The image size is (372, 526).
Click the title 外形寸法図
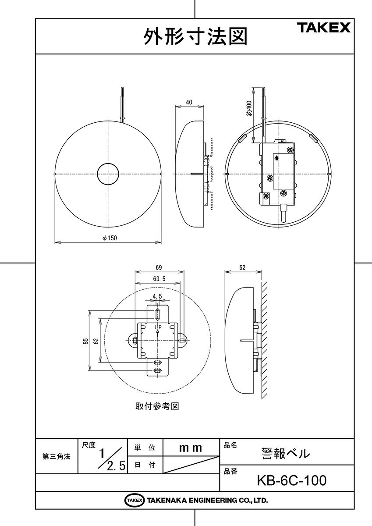pyautogui.click(x=195, y=36)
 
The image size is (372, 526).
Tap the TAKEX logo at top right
pyautogui.click(x=325, y=28)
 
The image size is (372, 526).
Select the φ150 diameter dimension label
pyautogui.click(x=110, y=238)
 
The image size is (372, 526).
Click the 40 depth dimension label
pyautogui.click(x=189, y=102)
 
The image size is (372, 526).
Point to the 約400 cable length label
pyautogui.click(x=249, y=108)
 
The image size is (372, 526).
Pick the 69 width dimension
pyautogui.click(x=159, y=267)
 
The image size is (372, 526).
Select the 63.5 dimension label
pyautogui.click(x=159, y=279)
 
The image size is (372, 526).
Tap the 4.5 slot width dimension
pyautogui.click(x=157, y=296)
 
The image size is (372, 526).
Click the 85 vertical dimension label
pyautogui.click(x=86, y=341)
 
